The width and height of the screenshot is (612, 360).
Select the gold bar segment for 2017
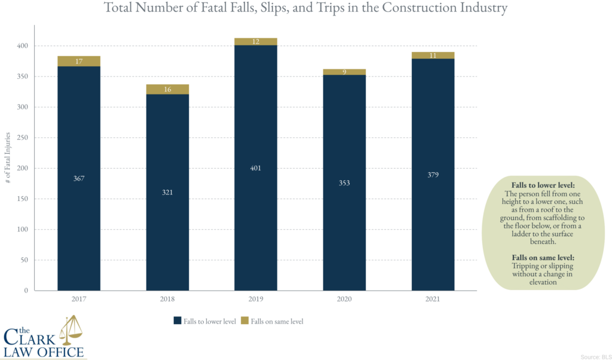(79, 61)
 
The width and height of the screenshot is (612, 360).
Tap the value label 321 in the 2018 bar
(167, 193)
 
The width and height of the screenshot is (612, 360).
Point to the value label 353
(344, 183)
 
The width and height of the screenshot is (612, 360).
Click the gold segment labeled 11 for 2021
(433, 56)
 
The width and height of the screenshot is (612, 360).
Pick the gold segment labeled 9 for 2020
(344, 72)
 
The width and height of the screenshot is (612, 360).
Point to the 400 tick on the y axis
(23, 46)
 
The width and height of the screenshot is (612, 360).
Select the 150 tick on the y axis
(23, 199)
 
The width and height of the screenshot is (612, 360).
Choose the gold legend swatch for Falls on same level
(245, 321)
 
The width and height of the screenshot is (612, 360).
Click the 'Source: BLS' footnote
(595, 356)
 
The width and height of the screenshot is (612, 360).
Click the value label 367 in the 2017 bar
(79, 178)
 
